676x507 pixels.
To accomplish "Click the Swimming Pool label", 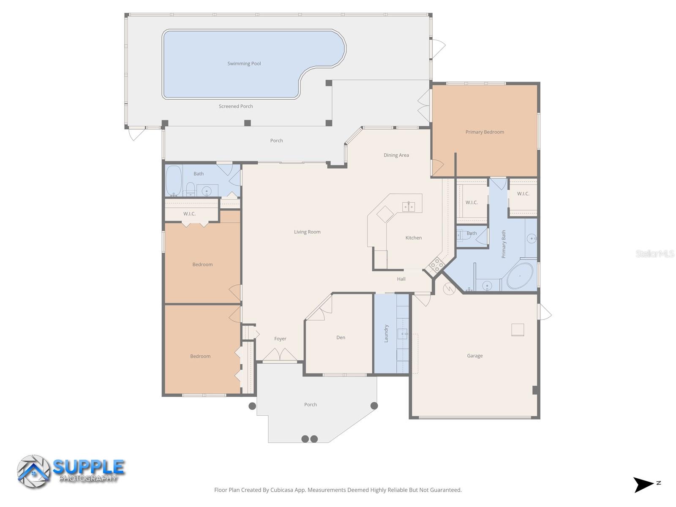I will click(x=244, y=64).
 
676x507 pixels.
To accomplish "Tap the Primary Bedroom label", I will click(x=485, y=132).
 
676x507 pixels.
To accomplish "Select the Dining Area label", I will click(x=396, y=155).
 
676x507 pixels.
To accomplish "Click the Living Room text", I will click(x=307, y=232).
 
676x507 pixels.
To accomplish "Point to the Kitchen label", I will click(x=414, y=238).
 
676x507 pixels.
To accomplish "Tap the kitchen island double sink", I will click(x=409, y=207).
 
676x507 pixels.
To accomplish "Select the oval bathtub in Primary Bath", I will click(x=520, y=276).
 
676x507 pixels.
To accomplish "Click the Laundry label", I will click(x=386, y=333).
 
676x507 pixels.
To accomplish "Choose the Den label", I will click(x=341, y=338).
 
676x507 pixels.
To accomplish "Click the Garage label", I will click(x=474, y=356).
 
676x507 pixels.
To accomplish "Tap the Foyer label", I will click(x=280, y=339).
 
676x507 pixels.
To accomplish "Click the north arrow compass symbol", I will click(x=643, y=484).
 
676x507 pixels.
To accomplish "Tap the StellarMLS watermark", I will click(x=654, y=254).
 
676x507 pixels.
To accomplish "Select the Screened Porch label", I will click(x=236, y=106).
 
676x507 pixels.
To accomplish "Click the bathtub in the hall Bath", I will click(x=174, y=181).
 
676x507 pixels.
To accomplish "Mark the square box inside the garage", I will click(x=518, y=330).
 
